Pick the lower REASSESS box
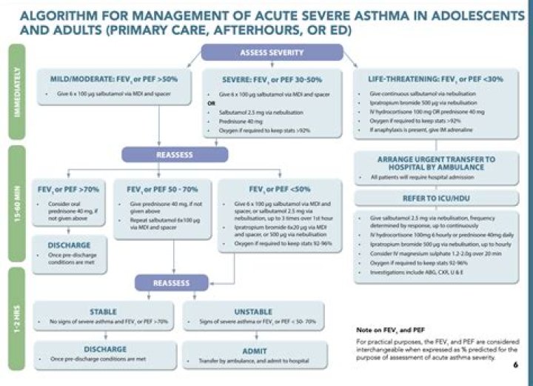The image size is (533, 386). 172,282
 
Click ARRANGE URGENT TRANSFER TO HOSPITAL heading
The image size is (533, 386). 437,163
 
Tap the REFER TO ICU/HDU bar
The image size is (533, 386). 437,198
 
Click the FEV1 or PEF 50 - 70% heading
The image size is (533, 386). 161,189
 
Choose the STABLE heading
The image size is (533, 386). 103,311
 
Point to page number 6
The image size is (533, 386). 515,365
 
